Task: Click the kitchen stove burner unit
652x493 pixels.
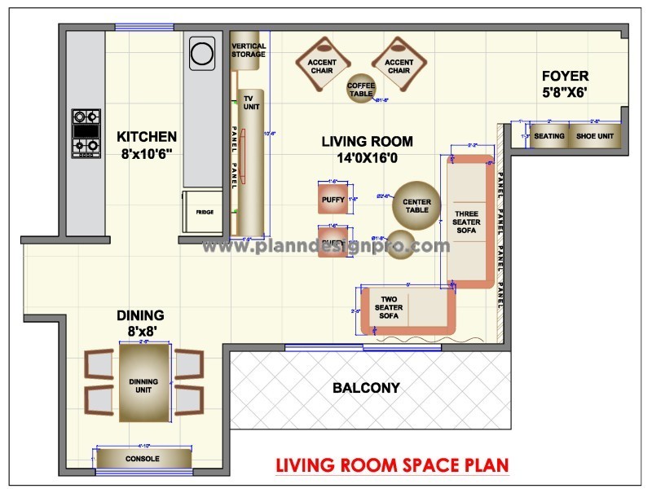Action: [x=86, y=133]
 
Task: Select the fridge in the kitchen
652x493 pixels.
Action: [x=205, y=212]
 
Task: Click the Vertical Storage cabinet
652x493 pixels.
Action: [x=248, y=51]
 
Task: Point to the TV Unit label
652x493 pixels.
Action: [x=251, y=103]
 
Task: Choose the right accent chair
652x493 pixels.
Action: [x=399, y=65]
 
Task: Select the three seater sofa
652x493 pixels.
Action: [x=468, y=220]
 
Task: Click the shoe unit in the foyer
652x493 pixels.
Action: [x=594, y=136]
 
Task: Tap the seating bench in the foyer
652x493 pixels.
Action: [x=548, y=136]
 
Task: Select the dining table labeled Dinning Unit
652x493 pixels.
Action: [x=145, y=381]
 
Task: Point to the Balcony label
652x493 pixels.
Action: [x=366, y=388]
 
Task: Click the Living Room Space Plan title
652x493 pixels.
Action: [x=391, y=465]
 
